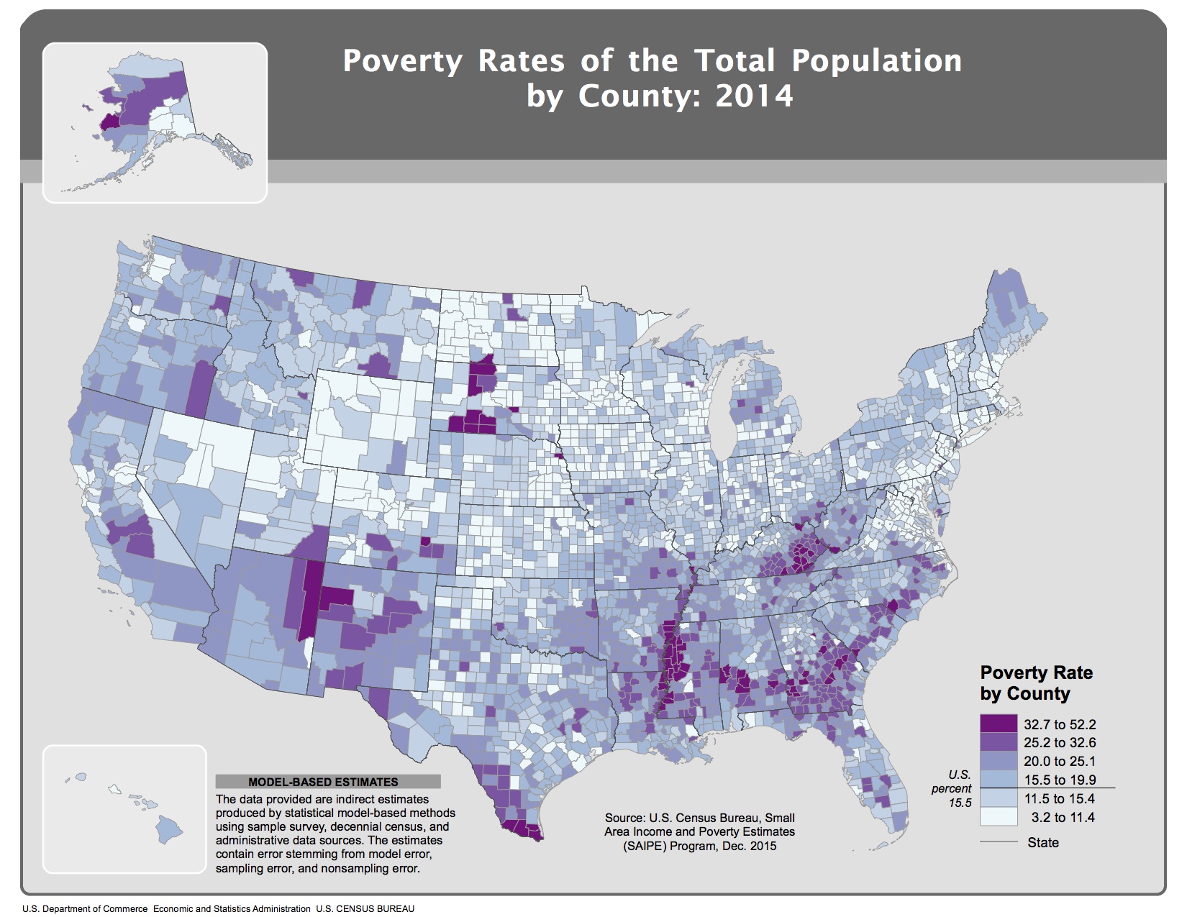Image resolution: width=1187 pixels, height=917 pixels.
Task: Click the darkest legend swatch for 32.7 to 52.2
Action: tap(999, 724)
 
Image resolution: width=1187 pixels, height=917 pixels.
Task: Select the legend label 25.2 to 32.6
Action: tap(1060, 742)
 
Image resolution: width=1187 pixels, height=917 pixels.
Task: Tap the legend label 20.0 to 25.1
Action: tap(1060, 761)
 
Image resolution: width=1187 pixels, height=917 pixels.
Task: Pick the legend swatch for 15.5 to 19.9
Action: tap(999, 780)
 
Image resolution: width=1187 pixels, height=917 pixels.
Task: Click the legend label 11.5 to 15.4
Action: tap(1060, 798)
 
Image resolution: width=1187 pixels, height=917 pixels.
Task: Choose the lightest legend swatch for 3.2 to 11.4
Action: tap(999, 817)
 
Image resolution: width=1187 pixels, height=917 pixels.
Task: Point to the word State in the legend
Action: tap(1043, 842)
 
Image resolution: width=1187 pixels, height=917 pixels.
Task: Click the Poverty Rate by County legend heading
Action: tap(1036, 683)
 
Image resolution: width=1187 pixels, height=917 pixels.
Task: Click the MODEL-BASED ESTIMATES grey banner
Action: tap(328, 782)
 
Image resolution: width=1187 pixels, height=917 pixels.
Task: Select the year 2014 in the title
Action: tap(754, 96)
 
